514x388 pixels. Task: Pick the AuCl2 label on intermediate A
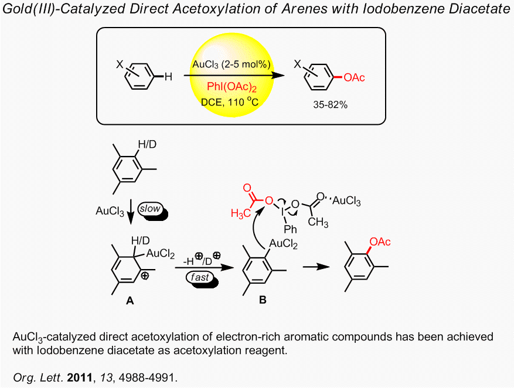tap(160, 253)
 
